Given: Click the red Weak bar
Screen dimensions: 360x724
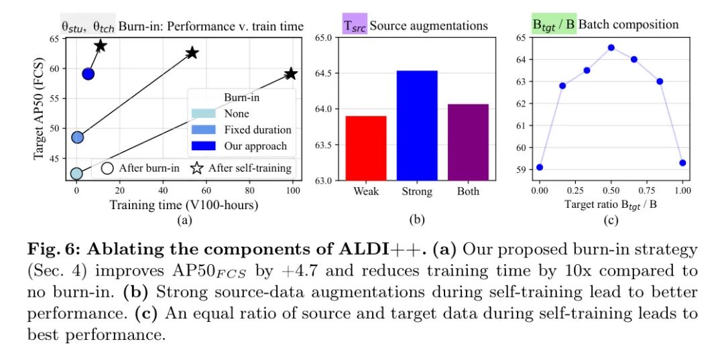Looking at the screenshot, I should coord(366,147).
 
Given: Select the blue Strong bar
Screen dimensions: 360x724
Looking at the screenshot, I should coord(417,125).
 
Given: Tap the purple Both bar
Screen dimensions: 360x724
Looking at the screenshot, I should coord(468,141).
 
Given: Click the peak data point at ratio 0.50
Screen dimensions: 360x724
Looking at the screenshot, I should coord(611,48).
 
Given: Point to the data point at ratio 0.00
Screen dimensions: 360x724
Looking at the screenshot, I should coord(540,167).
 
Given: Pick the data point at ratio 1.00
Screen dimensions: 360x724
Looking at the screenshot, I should coord(682,163).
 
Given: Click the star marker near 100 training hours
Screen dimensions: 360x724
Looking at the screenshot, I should coord(290,74).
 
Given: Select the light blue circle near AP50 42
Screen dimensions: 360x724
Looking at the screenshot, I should coord(77,174).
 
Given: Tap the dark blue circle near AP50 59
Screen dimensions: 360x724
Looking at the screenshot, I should coord(88,74).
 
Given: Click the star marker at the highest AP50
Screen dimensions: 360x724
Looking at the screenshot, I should coord(101,46).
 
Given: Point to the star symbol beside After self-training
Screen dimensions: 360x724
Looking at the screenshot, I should coord(197,168).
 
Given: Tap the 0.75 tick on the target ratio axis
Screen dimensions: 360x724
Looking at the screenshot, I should coord(646,191).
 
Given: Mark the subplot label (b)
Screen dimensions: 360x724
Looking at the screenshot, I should coord(416,219).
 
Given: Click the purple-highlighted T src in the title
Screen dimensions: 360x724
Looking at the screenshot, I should coord(354,25).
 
